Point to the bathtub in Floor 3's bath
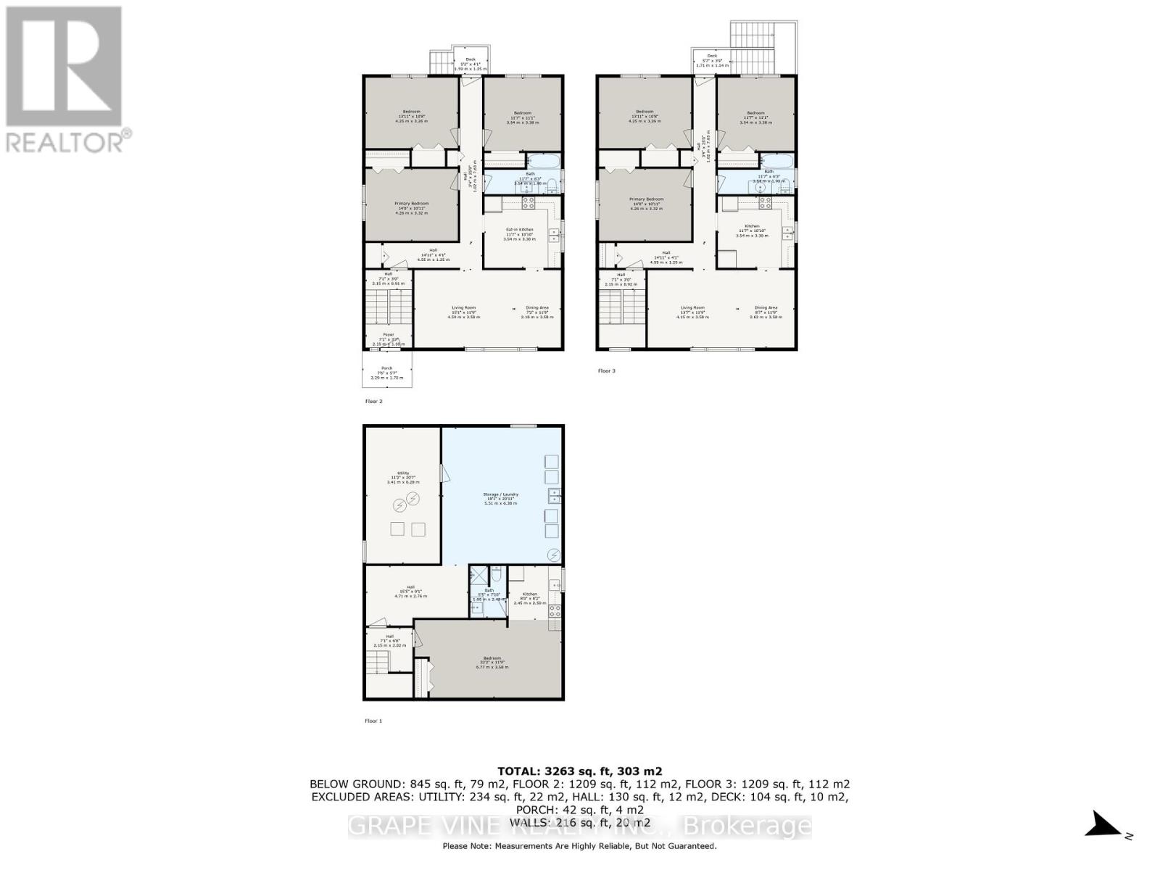tap(776, 161)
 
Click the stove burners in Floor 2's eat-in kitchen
tap(529, 202)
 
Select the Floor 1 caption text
tap(373, 721)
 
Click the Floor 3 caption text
tap(606, 370)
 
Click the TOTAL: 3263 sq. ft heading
tap(579, 771)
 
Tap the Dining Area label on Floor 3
tap(766, 310)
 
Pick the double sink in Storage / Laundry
tap(554, 497)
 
